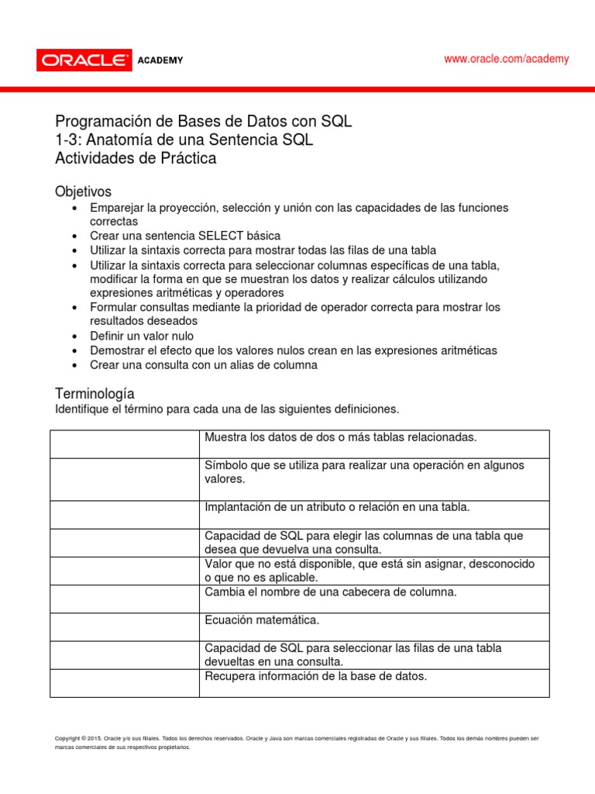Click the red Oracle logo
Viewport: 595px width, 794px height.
point(83,60)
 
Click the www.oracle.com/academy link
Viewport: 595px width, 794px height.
point(506,59)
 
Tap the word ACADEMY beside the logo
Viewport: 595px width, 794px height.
point(160,60)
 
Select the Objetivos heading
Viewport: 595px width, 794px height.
point(83,192)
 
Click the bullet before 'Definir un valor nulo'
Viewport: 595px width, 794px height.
point(74,337)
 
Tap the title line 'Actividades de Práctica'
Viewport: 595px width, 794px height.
point(136,158)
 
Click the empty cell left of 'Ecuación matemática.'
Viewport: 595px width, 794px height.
point(125,627)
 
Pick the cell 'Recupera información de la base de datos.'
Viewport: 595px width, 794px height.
point(315,676)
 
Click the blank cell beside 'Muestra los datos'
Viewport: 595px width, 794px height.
point(125,444)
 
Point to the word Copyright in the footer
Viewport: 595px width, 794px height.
point(70,738)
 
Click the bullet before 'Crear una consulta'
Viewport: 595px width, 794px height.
point(74,365)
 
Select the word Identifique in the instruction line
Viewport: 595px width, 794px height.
point(84,409)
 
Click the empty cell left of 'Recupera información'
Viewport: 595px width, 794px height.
point(125,683)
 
